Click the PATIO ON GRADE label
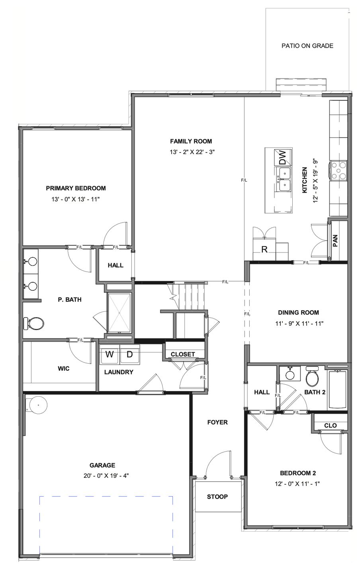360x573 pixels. pos(307,46)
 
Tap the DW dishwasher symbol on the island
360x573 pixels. pos(282,157)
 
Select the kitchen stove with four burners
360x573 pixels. pos(338,170)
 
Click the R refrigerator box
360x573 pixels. pos(264,250)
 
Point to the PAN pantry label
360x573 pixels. pos(335,240)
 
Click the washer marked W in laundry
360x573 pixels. pos(110,354)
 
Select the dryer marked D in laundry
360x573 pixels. pos(129,354)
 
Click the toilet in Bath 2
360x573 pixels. pos(312,377)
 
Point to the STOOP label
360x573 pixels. pos(217,497)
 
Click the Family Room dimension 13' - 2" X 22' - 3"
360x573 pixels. pos(192,152)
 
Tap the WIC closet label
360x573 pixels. pos(64,368)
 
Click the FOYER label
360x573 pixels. pos(217,422)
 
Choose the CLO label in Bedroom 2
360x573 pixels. pos(331,425)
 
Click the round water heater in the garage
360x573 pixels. pos(38,405)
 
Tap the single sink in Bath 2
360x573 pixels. pos(290,375)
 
